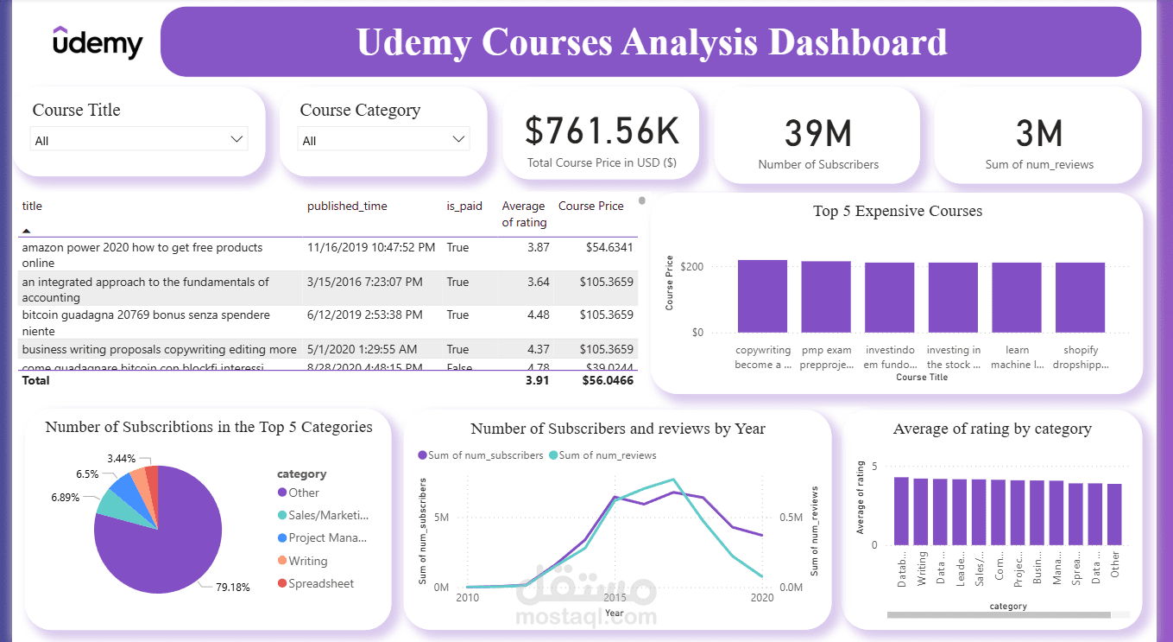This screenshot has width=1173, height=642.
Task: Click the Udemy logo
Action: click(x=97, y=42)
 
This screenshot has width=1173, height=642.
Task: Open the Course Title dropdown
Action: click(x=139, y=140)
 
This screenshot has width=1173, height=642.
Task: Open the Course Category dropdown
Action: click(x=383, y=140)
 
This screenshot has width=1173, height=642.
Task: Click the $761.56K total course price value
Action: click(x=602, y=131)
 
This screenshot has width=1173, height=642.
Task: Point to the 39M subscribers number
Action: click(x=817, y=134)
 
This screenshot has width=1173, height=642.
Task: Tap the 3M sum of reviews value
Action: click(x=1038, y=134)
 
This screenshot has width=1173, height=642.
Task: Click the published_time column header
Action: click(x=347, y=207)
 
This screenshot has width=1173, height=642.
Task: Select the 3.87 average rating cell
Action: click(x=538, y=248)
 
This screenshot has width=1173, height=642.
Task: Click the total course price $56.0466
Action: click(x=608, y=380)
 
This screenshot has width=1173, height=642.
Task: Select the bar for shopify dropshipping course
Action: click(x=1080, y=297)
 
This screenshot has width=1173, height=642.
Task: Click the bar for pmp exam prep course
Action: click(x=826, y=296)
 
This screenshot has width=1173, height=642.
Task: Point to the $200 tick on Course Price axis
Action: click(x=691, y=267)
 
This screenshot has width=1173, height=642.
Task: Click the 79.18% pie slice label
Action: click(x=232, y=588)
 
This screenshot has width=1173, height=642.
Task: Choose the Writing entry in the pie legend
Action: click(x=307, y=561)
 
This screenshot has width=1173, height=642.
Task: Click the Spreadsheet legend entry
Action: click(x=320, y=584)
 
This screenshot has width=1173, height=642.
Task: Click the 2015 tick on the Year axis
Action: click(x=615, y=598)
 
